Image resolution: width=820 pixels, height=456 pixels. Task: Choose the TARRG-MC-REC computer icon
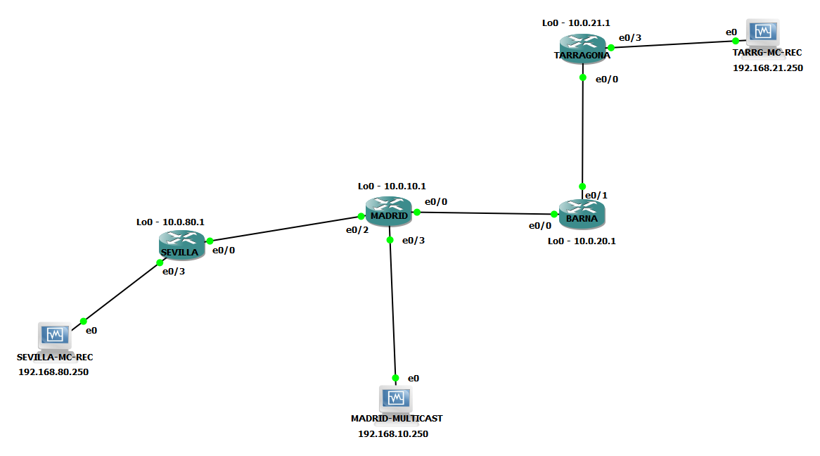pyautogui.click(x=763, y=33)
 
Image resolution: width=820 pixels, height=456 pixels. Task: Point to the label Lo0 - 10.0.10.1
pyautogui.click(x=392, y=186)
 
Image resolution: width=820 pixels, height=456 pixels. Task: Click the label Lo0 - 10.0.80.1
pyautogui.click(x=170, y=222)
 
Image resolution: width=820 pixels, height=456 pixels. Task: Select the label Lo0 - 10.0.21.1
pyautogui.click(x=576, y=23)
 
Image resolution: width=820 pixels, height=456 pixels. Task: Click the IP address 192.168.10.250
pyautogui.click(x=393, y=434)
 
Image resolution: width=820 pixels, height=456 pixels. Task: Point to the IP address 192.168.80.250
pyautogui.click(x=53, y=372)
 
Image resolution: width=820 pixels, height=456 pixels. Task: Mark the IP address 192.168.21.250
pyautogui.click(x=767, y=68)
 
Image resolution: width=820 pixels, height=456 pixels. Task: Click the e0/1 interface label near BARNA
pyautogui.click(x=596, y=195)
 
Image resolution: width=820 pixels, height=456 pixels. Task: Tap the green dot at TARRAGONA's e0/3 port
pyautogui.click(x=611, y=48)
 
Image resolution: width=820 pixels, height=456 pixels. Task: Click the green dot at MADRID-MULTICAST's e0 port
pyautogui.click(x=396, y=378)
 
